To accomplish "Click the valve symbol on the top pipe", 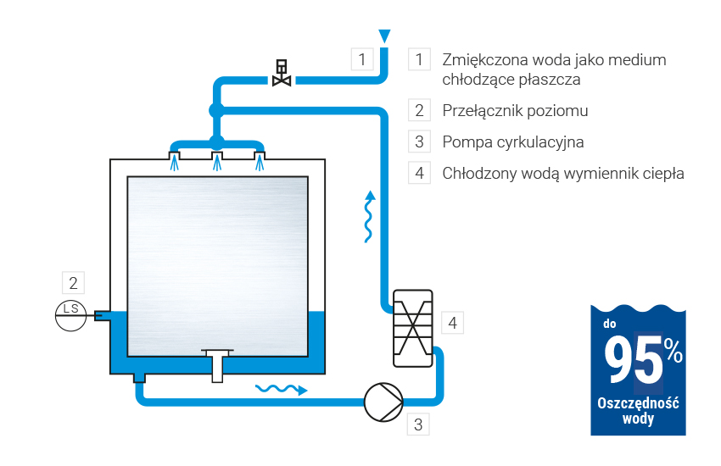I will click(282, 74).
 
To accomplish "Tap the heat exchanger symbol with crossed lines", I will click(413, 329).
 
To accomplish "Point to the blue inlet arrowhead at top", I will click(385, 36).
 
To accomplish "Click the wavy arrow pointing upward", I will click(369, 217).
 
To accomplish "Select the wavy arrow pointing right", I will click(281, 389).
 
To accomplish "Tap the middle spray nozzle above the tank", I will click(217, 158).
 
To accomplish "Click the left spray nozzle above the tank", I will click(175, 158).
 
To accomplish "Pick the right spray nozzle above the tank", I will click(260, 158).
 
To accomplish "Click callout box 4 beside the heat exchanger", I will click(453, 322).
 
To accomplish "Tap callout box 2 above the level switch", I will click(74, 282).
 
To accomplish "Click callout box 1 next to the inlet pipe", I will click(362, 59).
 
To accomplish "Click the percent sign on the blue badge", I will click(673, 349).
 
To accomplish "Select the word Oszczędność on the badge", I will click(638, 403).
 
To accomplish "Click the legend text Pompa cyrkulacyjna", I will click(512, 141).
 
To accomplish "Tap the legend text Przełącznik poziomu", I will click(515, 111).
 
